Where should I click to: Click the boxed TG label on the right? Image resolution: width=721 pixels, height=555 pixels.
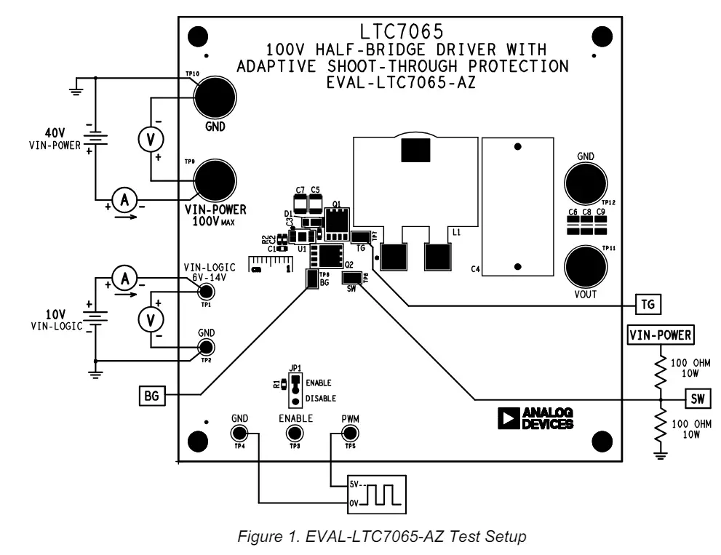click(645, 303)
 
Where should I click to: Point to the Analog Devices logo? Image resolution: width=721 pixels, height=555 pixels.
click(535, 418)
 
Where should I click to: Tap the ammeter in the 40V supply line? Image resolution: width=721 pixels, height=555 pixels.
click(124, 200)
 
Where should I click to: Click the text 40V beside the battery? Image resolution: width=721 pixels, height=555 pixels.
click(55, 133)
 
